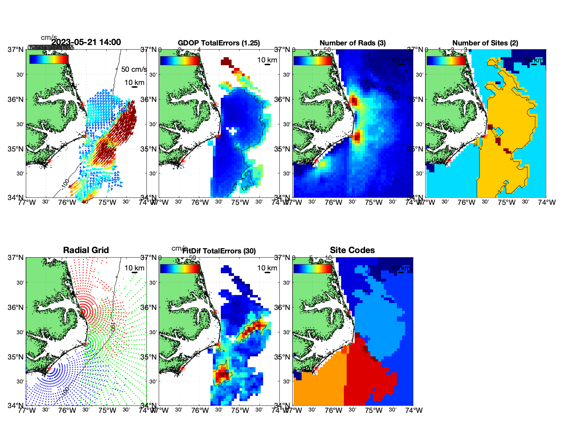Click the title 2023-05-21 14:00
pyautogui.click(x=86, y=42)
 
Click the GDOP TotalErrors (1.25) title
pyautogui.click(x=219, y=43)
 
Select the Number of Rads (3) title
pyautogui.click(x=353, y=43)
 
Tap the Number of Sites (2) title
pyautogui.click(x=485, y=43)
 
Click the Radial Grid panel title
pyautogui.click(x=86, y=250)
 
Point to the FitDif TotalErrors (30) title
pyautogui.click(x=219, y=251)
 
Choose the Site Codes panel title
pyautogui.click(x=352, y=250)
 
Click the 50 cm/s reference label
pyautogui.click(x=134, y=69)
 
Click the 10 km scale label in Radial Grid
pyautogui.click(x=134, y=268)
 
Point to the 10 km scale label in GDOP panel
pyautogui.click(x=267, y=60)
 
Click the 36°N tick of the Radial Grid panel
pyautogui.click(x=16, y=307)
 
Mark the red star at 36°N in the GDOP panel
pyautogui.click(x=215, y=104)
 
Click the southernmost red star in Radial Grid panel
pyautogui.click(x=49, y=369)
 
